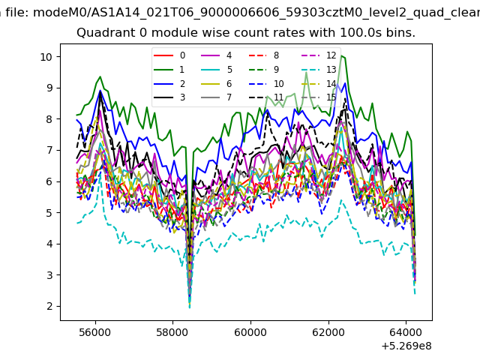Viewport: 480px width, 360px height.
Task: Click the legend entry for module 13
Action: coord(319,70)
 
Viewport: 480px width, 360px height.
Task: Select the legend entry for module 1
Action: coord(169,70)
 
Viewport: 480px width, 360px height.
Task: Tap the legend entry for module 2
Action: coord(169,83)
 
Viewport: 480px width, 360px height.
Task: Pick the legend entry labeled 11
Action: coord(265,97)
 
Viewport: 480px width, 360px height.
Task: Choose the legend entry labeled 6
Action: coord(217,83)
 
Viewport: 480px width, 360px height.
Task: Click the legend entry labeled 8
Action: coord(263,55)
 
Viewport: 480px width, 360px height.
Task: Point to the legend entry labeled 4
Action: coord(217,55)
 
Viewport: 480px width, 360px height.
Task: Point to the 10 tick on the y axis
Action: coord(46,57)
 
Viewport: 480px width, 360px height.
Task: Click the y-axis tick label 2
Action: coord(49,306)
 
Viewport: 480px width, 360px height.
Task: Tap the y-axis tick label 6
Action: coord(49,181)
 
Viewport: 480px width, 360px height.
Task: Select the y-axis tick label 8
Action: coord(49,119)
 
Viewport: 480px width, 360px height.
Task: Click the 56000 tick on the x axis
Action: coord(95,332)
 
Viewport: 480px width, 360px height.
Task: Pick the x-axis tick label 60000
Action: coord(250,332)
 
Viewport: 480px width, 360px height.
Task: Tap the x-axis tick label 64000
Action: coord(406,332)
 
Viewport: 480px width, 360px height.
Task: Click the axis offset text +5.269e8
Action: coord(406,346)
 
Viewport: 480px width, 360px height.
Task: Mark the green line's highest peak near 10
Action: coord(342,56)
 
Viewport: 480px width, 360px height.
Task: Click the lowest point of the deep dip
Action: coord(190,307)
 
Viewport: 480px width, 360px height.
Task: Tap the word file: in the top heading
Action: coord(17,13)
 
